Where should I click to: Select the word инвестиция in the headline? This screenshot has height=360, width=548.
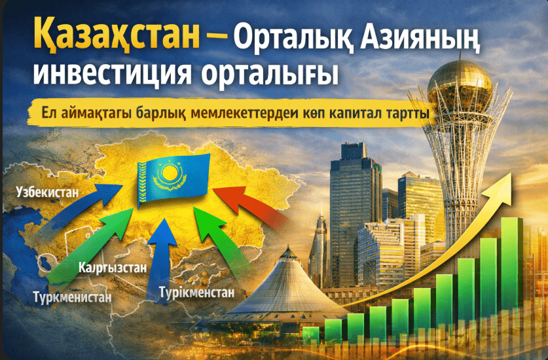coord(113,73)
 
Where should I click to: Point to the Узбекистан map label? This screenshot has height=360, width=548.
coord(48,192)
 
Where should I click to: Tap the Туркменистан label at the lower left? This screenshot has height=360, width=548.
coord(72,297)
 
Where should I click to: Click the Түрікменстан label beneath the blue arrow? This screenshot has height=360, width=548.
coord(196,292)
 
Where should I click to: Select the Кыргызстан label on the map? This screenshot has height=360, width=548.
coord(113,268)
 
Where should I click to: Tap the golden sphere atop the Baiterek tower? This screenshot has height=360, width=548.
coord(459,84)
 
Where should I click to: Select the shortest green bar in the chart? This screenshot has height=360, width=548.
coord(311,336)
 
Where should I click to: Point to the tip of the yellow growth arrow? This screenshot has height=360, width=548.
coord(511,173)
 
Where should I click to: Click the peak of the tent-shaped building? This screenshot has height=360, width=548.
coord(288,247)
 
